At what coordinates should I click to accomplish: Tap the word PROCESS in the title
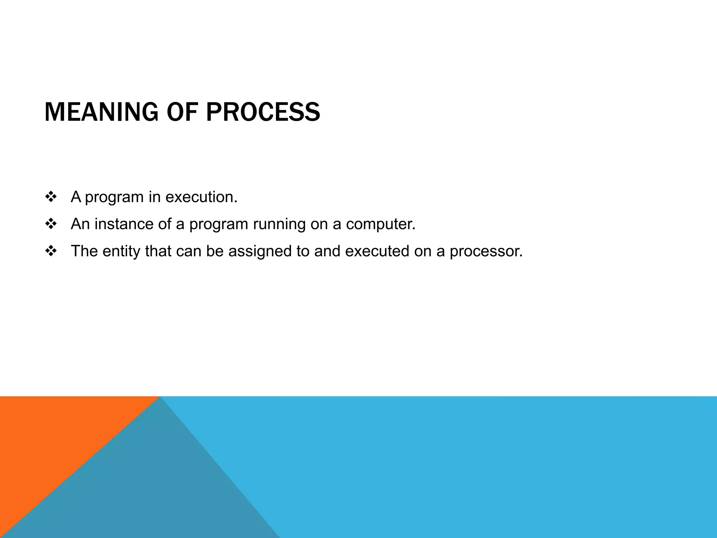click(263, 112)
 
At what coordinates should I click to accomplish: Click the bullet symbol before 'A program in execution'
click(51, 197)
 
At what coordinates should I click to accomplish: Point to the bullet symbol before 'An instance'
click(51, 224)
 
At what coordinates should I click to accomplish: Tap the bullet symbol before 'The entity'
click(51, 251)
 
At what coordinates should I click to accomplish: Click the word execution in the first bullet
click(201, 197)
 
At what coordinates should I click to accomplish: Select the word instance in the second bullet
click(124, 224)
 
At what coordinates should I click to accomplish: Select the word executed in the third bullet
click(377, 251)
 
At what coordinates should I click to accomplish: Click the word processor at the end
click(486, 251)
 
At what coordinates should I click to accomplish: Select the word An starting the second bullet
click(80, 224)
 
